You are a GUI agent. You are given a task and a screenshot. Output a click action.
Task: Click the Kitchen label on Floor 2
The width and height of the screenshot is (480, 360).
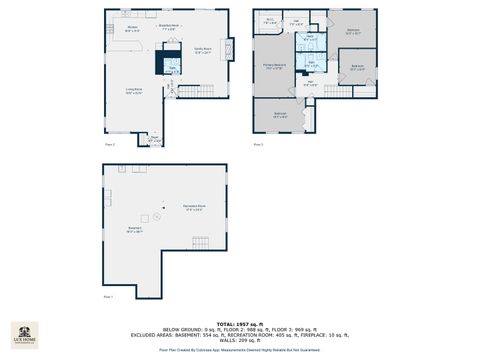point(132,31)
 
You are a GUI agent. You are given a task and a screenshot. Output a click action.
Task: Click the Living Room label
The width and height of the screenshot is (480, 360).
point(134,91)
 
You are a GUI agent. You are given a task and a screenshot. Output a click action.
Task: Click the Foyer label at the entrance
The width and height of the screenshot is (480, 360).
point(154,139)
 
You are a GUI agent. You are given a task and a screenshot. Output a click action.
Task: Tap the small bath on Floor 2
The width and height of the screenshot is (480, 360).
point(172,67)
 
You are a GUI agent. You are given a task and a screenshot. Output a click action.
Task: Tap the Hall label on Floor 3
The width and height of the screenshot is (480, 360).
point(311,84)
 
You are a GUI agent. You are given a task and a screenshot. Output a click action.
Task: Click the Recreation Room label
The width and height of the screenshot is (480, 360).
point(193,208)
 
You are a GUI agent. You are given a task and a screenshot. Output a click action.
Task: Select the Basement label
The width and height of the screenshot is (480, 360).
point(134,229)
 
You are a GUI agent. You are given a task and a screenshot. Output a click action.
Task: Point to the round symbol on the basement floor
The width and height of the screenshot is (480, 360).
point(156,215)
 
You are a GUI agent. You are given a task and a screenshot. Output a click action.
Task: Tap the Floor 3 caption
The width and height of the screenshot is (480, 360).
point(258,144)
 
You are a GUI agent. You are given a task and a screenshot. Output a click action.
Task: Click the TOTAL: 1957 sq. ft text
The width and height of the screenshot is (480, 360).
point(240,324)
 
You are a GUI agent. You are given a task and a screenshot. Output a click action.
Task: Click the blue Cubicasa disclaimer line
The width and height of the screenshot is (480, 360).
point(240,350)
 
